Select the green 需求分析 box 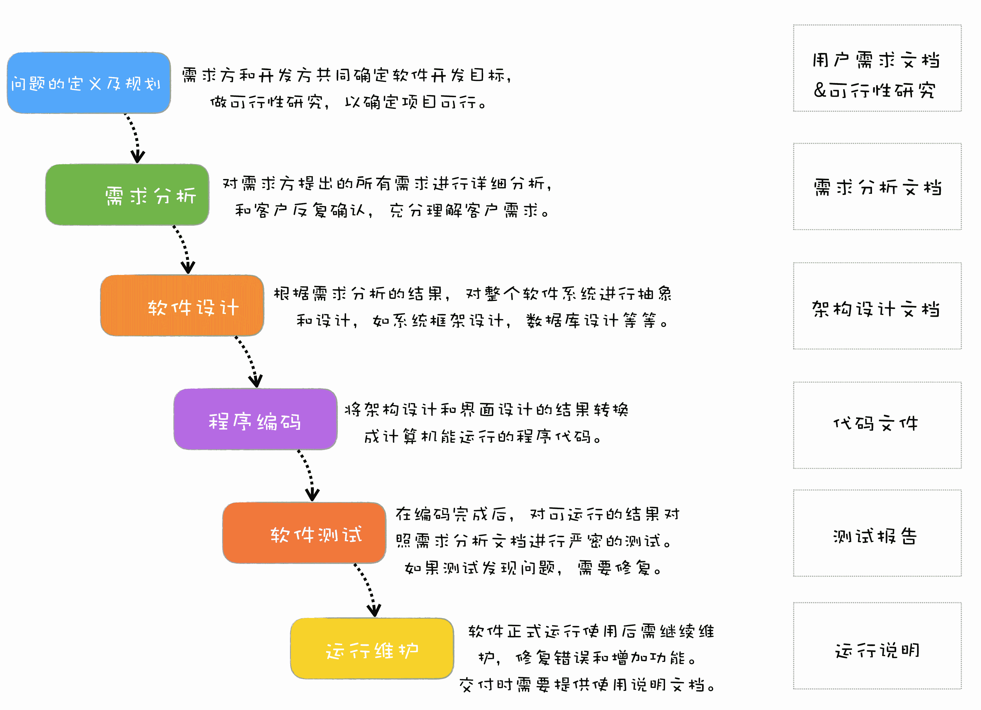[x=127, y=195]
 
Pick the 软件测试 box [x=304, y=533]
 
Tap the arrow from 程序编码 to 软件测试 [x=307, y=475]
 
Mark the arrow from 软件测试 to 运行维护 [x=367, y=589]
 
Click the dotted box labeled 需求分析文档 [x=877, y=187]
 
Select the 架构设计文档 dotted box [x=877, y=306]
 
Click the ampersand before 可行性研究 [x=820, y=90]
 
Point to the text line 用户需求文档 [x=876, y=60]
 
